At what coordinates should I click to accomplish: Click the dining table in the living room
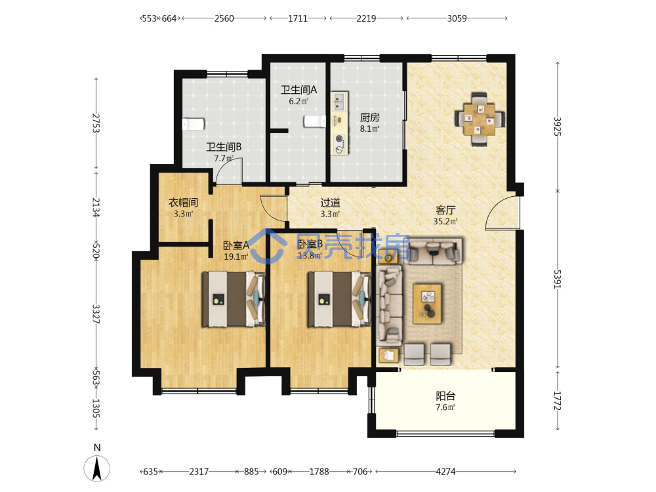480,119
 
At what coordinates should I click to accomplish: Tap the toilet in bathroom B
193,124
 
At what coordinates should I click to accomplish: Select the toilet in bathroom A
315,121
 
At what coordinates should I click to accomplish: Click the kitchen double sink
339,102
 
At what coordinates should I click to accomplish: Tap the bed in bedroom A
234,298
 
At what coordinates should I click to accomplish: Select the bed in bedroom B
339,298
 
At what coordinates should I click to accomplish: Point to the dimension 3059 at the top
457,18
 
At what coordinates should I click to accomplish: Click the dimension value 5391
557,279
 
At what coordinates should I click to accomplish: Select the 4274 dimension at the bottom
445,472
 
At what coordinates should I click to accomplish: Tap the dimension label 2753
96,123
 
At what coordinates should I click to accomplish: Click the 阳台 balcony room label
445,396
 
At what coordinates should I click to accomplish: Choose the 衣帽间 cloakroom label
183,203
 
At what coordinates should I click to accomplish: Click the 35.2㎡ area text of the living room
445,221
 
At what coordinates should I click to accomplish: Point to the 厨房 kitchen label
370,117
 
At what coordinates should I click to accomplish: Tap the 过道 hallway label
330,203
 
